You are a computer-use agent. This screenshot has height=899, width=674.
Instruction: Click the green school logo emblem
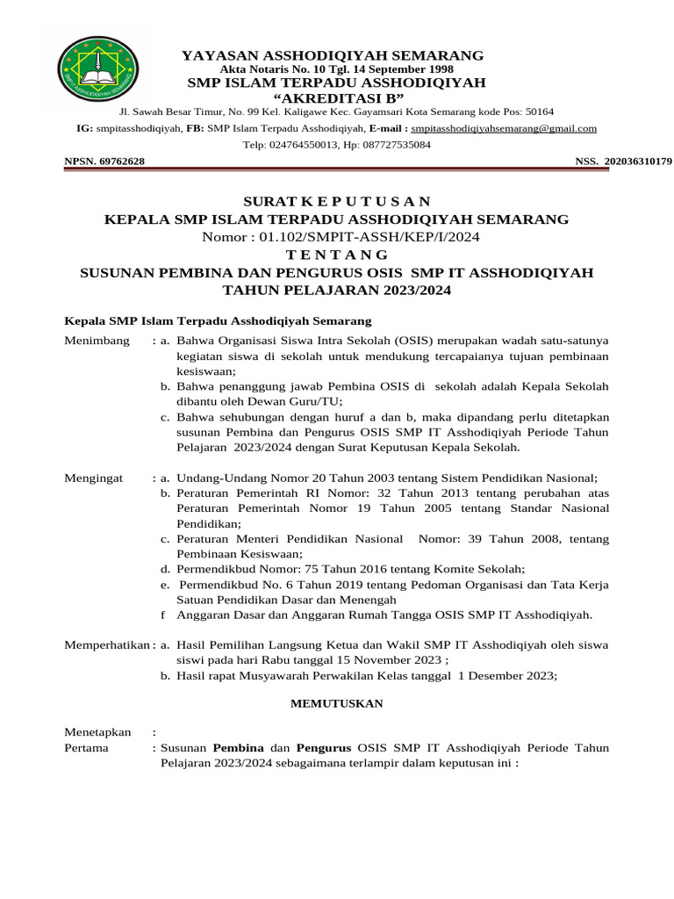click(98, 71)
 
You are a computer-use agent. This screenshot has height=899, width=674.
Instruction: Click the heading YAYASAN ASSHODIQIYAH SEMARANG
click(332, 55)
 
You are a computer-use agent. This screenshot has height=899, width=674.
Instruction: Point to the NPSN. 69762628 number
click(104, 162)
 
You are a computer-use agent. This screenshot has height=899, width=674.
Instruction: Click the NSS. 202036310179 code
click(623, 162)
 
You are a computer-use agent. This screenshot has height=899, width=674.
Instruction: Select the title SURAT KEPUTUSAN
click(337, 201)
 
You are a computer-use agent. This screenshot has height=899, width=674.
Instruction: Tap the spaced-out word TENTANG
click(337, 255)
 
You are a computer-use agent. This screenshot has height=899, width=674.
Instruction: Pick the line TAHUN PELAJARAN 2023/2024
click(337, 290)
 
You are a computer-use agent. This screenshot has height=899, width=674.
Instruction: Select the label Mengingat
click(96, 478)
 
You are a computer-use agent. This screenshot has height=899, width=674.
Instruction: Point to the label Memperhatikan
click(107, 644)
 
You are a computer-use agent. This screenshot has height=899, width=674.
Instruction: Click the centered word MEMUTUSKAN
click(337, 703)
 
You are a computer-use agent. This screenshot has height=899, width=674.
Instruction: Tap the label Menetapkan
click(97, 731)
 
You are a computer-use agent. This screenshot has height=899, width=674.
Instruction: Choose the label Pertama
click(87, 748)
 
